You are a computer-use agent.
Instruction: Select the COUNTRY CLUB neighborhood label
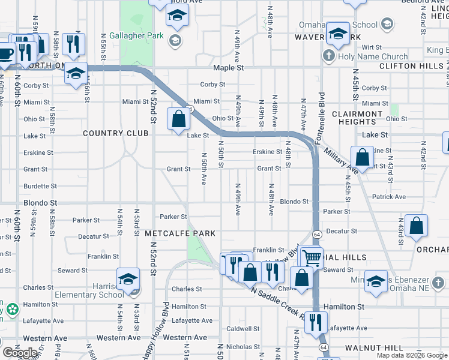(115, 133)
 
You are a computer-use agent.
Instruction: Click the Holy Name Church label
(372, 56)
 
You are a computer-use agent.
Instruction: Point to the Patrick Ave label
(388, 197)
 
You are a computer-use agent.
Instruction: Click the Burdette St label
(40, 187)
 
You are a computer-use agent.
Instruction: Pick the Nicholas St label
(243, 347)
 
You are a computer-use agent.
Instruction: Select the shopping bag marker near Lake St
(178, 119)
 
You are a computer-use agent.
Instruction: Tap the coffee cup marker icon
(5, 53)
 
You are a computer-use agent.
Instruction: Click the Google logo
(20, 353)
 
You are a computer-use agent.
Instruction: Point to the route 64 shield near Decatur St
(316, 234)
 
